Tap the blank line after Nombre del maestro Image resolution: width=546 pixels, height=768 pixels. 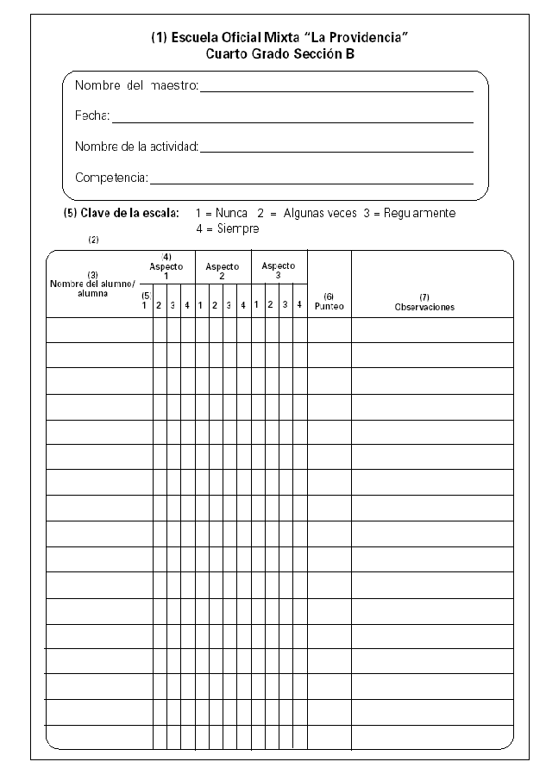(336, 89)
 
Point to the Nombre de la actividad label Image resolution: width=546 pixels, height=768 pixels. (136, 147)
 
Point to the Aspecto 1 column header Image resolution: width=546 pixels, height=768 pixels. (166, 267)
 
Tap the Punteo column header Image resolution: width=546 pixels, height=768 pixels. (329, 302)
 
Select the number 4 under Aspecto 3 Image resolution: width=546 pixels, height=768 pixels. (298, 305)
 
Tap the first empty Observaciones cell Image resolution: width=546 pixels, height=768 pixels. (431, 329)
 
